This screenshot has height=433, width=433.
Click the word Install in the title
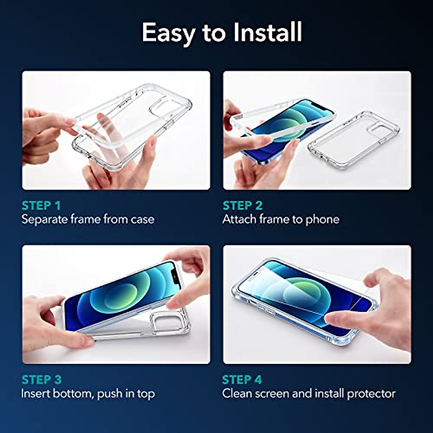[267, 32]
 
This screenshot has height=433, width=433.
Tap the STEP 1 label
[41, 206]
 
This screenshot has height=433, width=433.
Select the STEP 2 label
[242, 206]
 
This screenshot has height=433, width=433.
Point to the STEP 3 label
[41, 380]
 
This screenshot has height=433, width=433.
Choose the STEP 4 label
[242, 380]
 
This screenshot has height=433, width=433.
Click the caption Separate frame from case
[88, 219]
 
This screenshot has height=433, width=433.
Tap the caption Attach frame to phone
[281, 219]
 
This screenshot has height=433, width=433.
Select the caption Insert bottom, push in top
[88, 393]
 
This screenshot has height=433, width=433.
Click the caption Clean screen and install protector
[309, 393]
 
